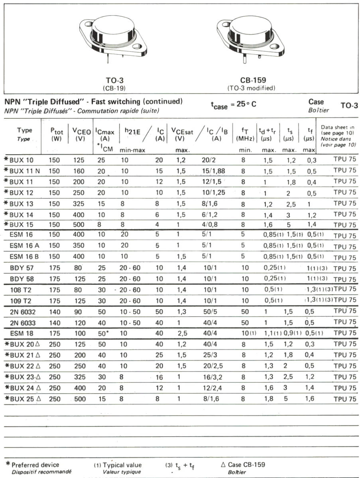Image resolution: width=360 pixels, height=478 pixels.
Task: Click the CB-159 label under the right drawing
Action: pos(253,80)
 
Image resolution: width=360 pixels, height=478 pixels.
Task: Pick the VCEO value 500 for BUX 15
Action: pos(79,225)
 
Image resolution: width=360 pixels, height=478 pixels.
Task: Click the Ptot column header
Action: pos(57,133)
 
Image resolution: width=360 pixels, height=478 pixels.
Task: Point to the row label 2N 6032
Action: pos(24,311)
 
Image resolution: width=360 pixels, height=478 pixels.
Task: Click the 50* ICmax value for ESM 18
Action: pos(104,333)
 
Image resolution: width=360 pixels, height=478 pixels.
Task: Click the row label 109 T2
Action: pos(22,300)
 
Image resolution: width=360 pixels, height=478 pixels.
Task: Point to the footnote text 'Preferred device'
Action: pos(35,464)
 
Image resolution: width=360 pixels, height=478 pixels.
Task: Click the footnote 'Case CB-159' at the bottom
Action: pos(246,464)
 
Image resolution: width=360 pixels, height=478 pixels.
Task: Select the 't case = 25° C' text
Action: pos(234,105)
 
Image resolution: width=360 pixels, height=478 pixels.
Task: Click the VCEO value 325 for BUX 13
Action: pos(79,204)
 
